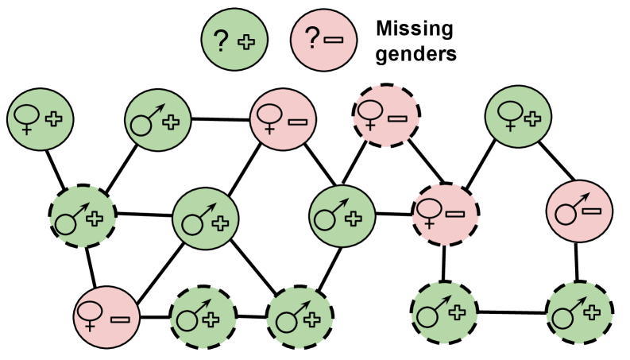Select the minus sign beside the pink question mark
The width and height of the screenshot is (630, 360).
click(334, 40)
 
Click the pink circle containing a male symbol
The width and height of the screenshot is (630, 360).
click(579, 211)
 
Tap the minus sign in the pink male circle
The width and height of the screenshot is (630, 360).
click(592, 211)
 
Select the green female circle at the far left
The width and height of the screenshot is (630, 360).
click(41, 119)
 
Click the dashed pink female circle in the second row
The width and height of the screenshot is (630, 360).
click(385, 117)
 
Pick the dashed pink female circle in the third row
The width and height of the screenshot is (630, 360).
click(445, 214)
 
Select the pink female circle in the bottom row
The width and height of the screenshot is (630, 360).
click(106, 317)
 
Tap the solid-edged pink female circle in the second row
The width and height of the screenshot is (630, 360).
click(284, 119)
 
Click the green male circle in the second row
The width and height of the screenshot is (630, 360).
click(158, 120)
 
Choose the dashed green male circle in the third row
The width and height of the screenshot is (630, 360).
click(83, 216)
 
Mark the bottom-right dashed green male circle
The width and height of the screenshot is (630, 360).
click(579, 314)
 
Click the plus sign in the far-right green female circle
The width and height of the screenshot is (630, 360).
click(532, 118)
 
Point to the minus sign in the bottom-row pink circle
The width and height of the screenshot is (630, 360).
click(121, 319)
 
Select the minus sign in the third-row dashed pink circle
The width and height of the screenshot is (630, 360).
click(455, 213)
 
